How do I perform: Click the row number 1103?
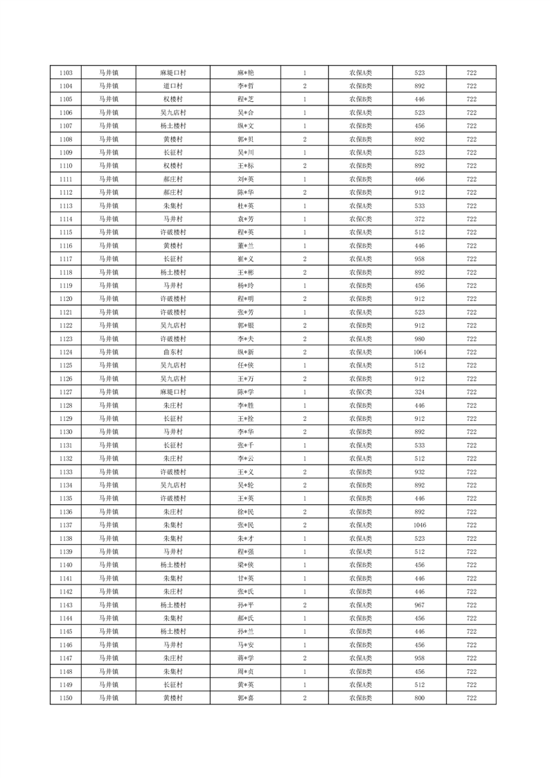[66, 73]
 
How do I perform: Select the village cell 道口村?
[172, 86]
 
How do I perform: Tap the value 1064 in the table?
[419, 352]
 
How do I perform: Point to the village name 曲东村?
[172, 352]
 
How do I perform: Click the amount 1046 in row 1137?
[419, 525]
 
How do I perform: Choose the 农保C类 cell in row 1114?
[360, 219]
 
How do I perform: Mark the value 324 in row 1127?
[419, 392]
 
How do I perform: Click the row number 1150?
[66, 698]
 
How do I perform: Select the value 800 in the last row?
[419, 698]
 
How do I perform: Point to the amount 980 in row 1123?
[419, 339]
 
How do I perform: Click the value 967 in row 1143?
[419, 605]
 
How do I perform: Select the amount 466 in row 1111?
[419, 180]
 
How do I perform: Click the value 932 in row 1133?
[419, 472]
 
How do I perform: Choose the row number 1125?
[66, 365]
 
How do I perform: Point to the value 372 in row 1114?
[419, 219]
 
